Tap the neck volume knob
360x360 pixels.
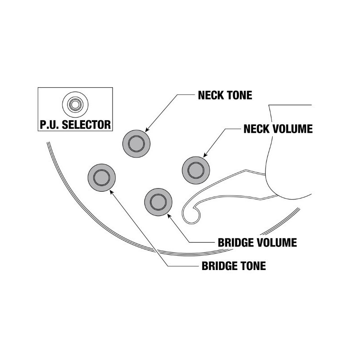point(196,170)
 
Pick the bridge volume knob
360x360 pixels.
point(158,201)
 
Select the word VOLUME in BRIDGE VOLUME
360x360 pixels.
point(279,243)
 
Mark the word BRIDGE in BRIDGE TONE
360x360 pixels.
point(219,266)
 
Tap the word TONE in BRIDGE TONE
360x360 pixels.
point(253,266)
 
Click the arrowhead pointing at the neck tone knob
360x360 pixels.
point(147,130)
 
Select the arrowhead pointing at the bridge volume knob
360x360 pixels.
point(170,215)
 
